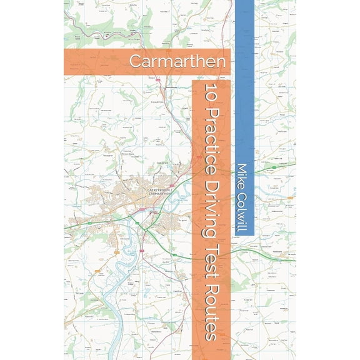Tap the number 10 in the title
(x=209, y=91)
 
